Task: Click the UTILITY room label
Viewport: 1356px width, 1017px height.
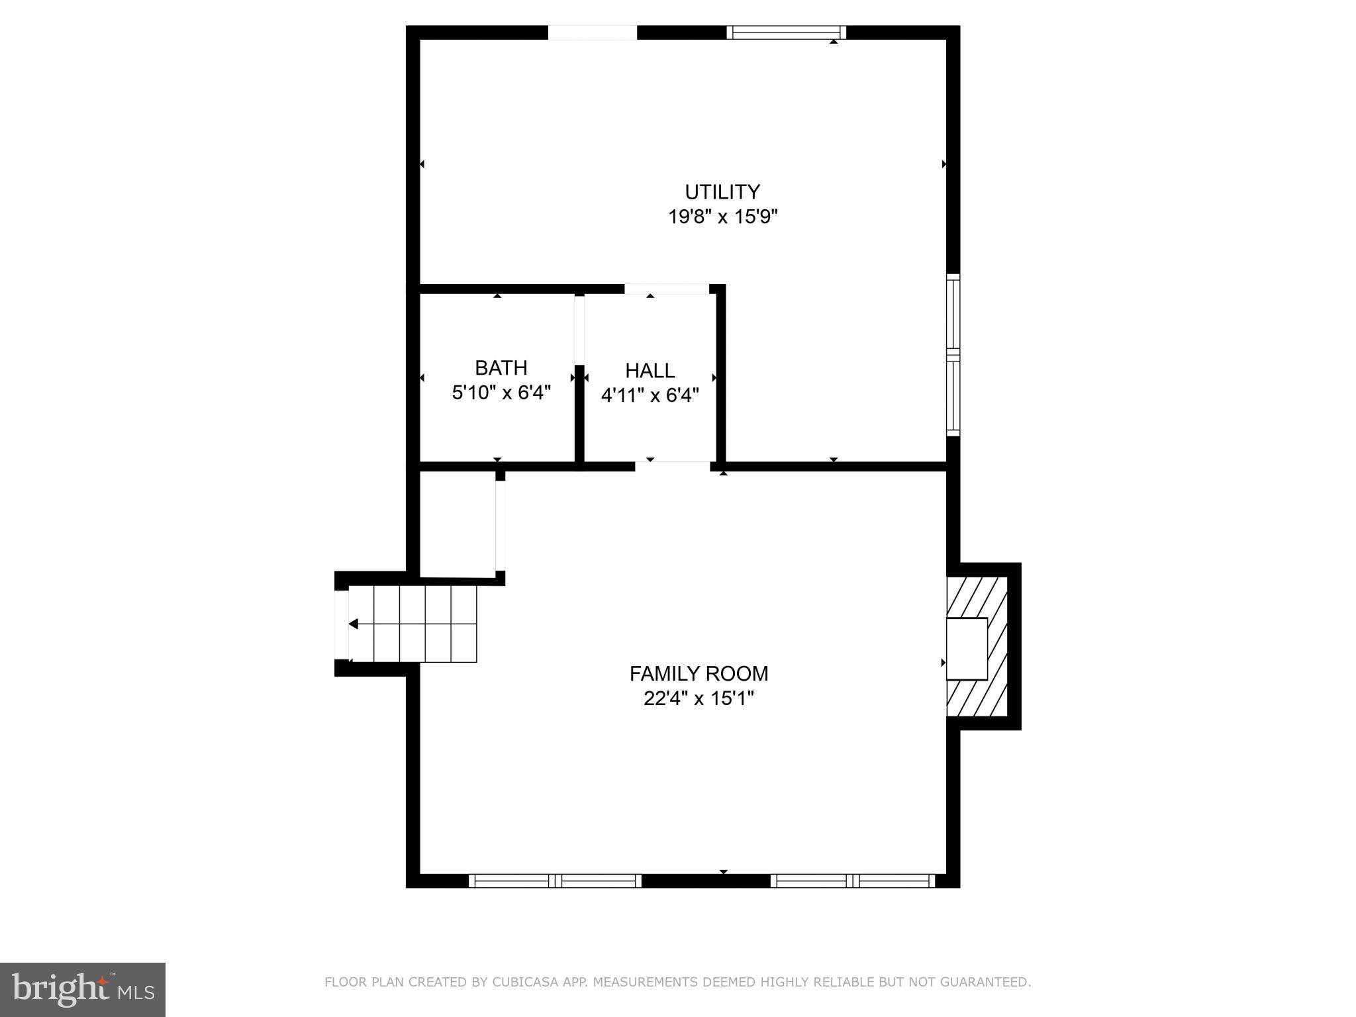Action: coord(722,192)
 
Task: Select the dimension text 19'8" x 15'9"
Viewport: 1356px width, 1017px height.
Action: coord(722,217)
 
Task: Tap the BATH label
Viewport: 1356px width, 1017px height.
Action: coord(501,367)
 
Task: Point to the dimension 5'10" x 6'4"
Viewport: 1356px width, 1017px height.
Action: coord(501,393)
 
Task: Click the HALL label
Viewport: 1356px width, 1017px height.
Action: coord(650,370)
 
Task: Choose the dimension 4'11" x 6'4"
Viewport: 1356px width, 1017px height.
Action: coord(650,395)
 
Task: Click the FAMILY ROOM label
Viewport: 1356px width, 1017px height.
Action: coord(699,673)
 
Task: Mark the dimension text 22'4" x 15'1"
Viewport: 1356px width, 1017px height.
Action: coord(699,699)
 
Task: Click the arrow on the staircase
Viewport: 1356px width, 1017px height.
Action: coord(354,624)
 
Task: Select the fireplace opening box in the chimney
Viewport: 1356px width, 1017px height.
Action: coord(967,649)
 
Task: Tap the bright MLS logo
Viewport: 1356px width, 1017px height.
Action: coord(83,989)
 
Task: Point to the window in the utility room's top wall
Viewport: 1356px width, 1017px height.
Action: coord(786,32)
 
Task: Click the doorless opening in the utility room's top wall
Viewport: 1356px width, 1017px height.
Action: coord(593,32)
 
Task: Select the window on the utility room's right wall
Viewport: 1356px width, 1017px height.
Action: coord(953,355)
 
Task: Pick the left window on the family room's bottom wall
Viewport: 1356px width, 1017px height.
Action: coord(555,881)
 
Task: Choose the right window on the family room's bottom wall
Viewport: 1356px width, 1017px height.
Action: coord(852,881)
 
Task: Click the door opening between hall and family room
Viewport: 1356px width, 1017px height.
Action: coord(673,466)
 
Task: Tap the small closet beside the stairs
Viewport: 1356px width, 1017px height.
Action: coord(458,523)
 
